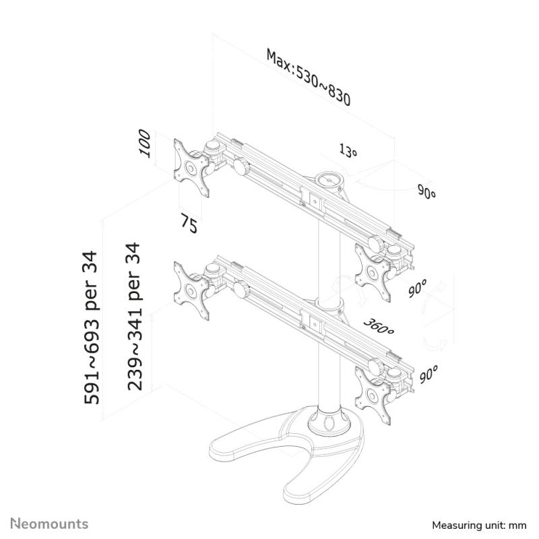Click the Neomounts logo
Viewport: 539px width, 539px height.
(49, 524)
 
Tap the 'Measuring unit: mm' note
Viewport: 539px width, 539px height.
(479, 526)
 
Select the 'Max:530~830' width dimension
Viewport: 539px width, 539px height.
(309, 77)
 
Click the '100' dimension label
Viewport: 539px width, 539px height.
(145, 144)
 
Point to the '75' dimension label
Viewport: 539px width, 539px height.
(189, 224)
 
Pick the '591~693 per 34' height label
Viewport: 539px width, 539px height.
(91, 327)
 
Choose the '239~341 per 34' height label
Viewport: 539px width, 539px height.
(134, 317)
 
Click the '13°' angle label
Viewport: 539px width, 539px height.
(348, 150)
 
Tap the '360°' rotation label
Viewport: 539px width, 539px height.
(379, 326)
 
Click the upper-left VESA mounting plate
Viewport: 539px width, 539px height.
(191, 168)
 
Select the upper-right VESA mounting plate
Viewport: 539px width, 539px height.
(373, 273)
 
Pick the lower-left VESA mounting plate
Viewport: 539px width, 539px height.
(191, 291)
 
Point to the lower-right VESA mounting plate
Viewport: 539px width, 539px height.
(373, 395)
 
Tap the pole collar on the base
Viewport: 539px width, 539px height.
(327, 420)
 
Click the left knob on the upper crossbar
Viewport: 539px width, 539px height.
(241, 166)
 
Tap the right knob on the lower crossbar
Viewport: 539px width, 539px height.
(375, 366)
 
